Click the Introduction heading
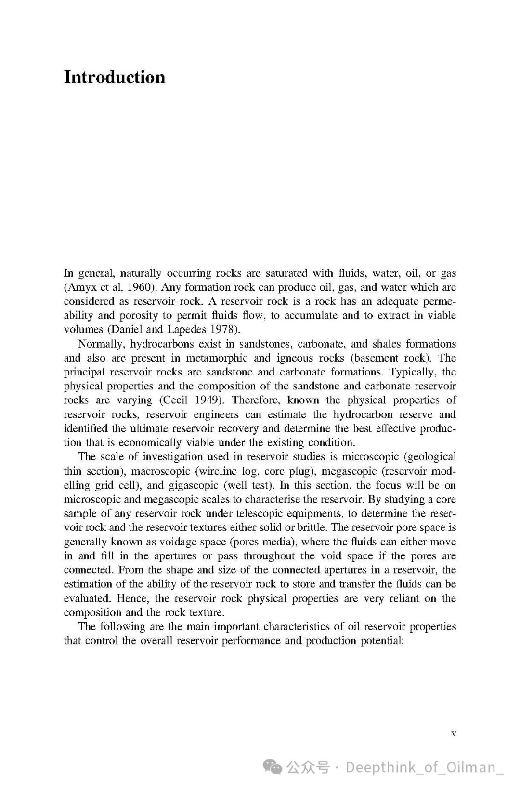coord(115,78)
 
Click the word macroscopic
coord(161,471)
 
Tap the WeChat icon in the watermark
coord(273,766)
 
